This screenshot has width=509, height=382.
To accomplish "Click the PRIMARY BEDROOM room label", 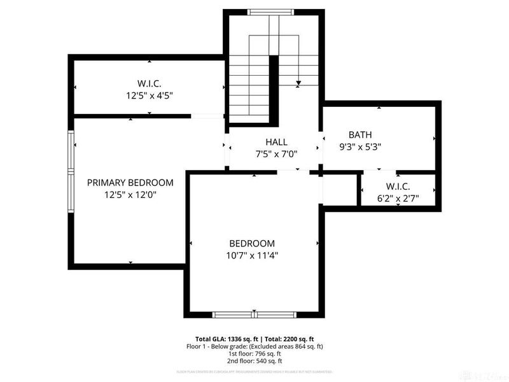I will pyautogui.click(x=130, y=183).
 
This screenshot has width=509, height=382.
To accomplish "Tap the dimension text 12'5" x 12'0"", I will pyautogui.click(x=130, y=195).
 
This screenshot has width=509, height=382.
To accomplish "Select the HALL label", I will pyautogui.click(x=276, y=142).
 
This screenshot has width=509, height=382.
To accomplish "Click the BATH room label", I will pyautogui.click(x=360, y=134).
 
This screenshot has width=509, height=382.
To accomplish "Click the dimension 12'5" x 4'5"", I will pyautogui.click(x=149, y=95).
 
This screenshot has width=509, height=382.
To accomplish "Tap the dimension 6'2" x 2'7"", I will pyautogui.click(x=397, y=198).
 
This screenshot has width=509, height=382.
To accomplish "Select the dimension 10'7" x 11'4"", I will pyautogui.click(x=252, y=255).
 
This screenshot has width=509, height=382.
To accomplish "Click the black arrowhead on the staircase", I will pyautogui.click(x=298, y=83).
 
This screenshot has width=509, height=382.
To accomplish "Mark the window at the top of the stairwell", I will pyautogui.click(x=271, y=11).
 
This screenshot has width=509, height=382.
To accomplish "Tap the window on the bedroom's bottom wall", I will pyautogui.click(x=253, y=314).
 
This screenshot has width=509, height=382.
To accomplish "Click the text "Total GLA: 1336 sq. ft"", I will pyautogui.click(x=225, y=339).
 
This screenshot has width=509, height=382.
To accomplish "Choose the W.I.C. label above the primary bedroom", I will pyautogui.click(x=149, y=83).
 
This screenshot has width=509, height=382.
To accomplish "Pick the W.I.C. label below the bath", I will pyautogui.click(x=397, y=186).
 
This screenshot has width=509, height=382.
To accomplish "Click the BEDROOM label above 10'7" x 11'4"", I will pyautogui.click(x=252, y=243).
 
